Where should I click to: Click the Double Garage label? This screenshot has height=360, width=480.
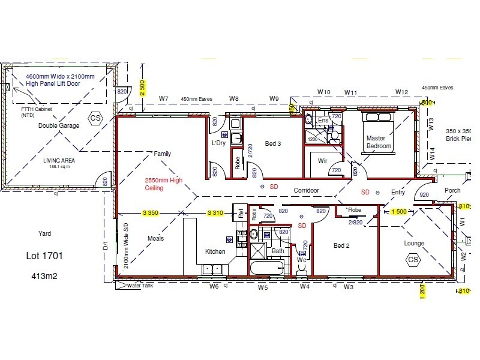point(59,125)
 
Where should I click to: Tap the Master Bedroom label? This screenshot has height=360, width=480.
point(379,142)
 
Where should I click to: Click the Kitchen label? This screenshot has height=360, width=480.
point(215,251)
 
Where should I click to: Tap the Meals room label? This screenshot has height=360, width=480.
point(155,238)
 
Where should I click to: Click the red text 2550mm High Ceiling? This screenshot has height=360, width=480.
point(164,184)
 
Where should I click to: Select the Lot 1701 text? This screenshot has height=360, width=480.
point(44,256)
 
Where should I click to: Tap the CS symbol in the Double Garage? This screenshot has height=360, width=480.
point(95,118)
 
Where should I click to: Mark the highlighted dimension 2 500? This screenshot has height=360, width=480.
point(142,88)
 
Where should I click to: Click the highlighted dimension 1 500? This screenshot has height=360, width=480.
point(399,212)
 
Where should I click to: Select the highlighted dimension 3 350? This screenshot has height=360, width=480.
point(154,212)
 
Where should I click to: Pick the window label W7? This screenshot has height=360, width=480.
point(163,98)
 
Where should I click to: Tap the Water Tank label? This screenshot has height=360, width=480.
point(142,286)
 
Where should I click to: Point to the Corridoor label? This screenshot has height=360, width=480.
point(305,190)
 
